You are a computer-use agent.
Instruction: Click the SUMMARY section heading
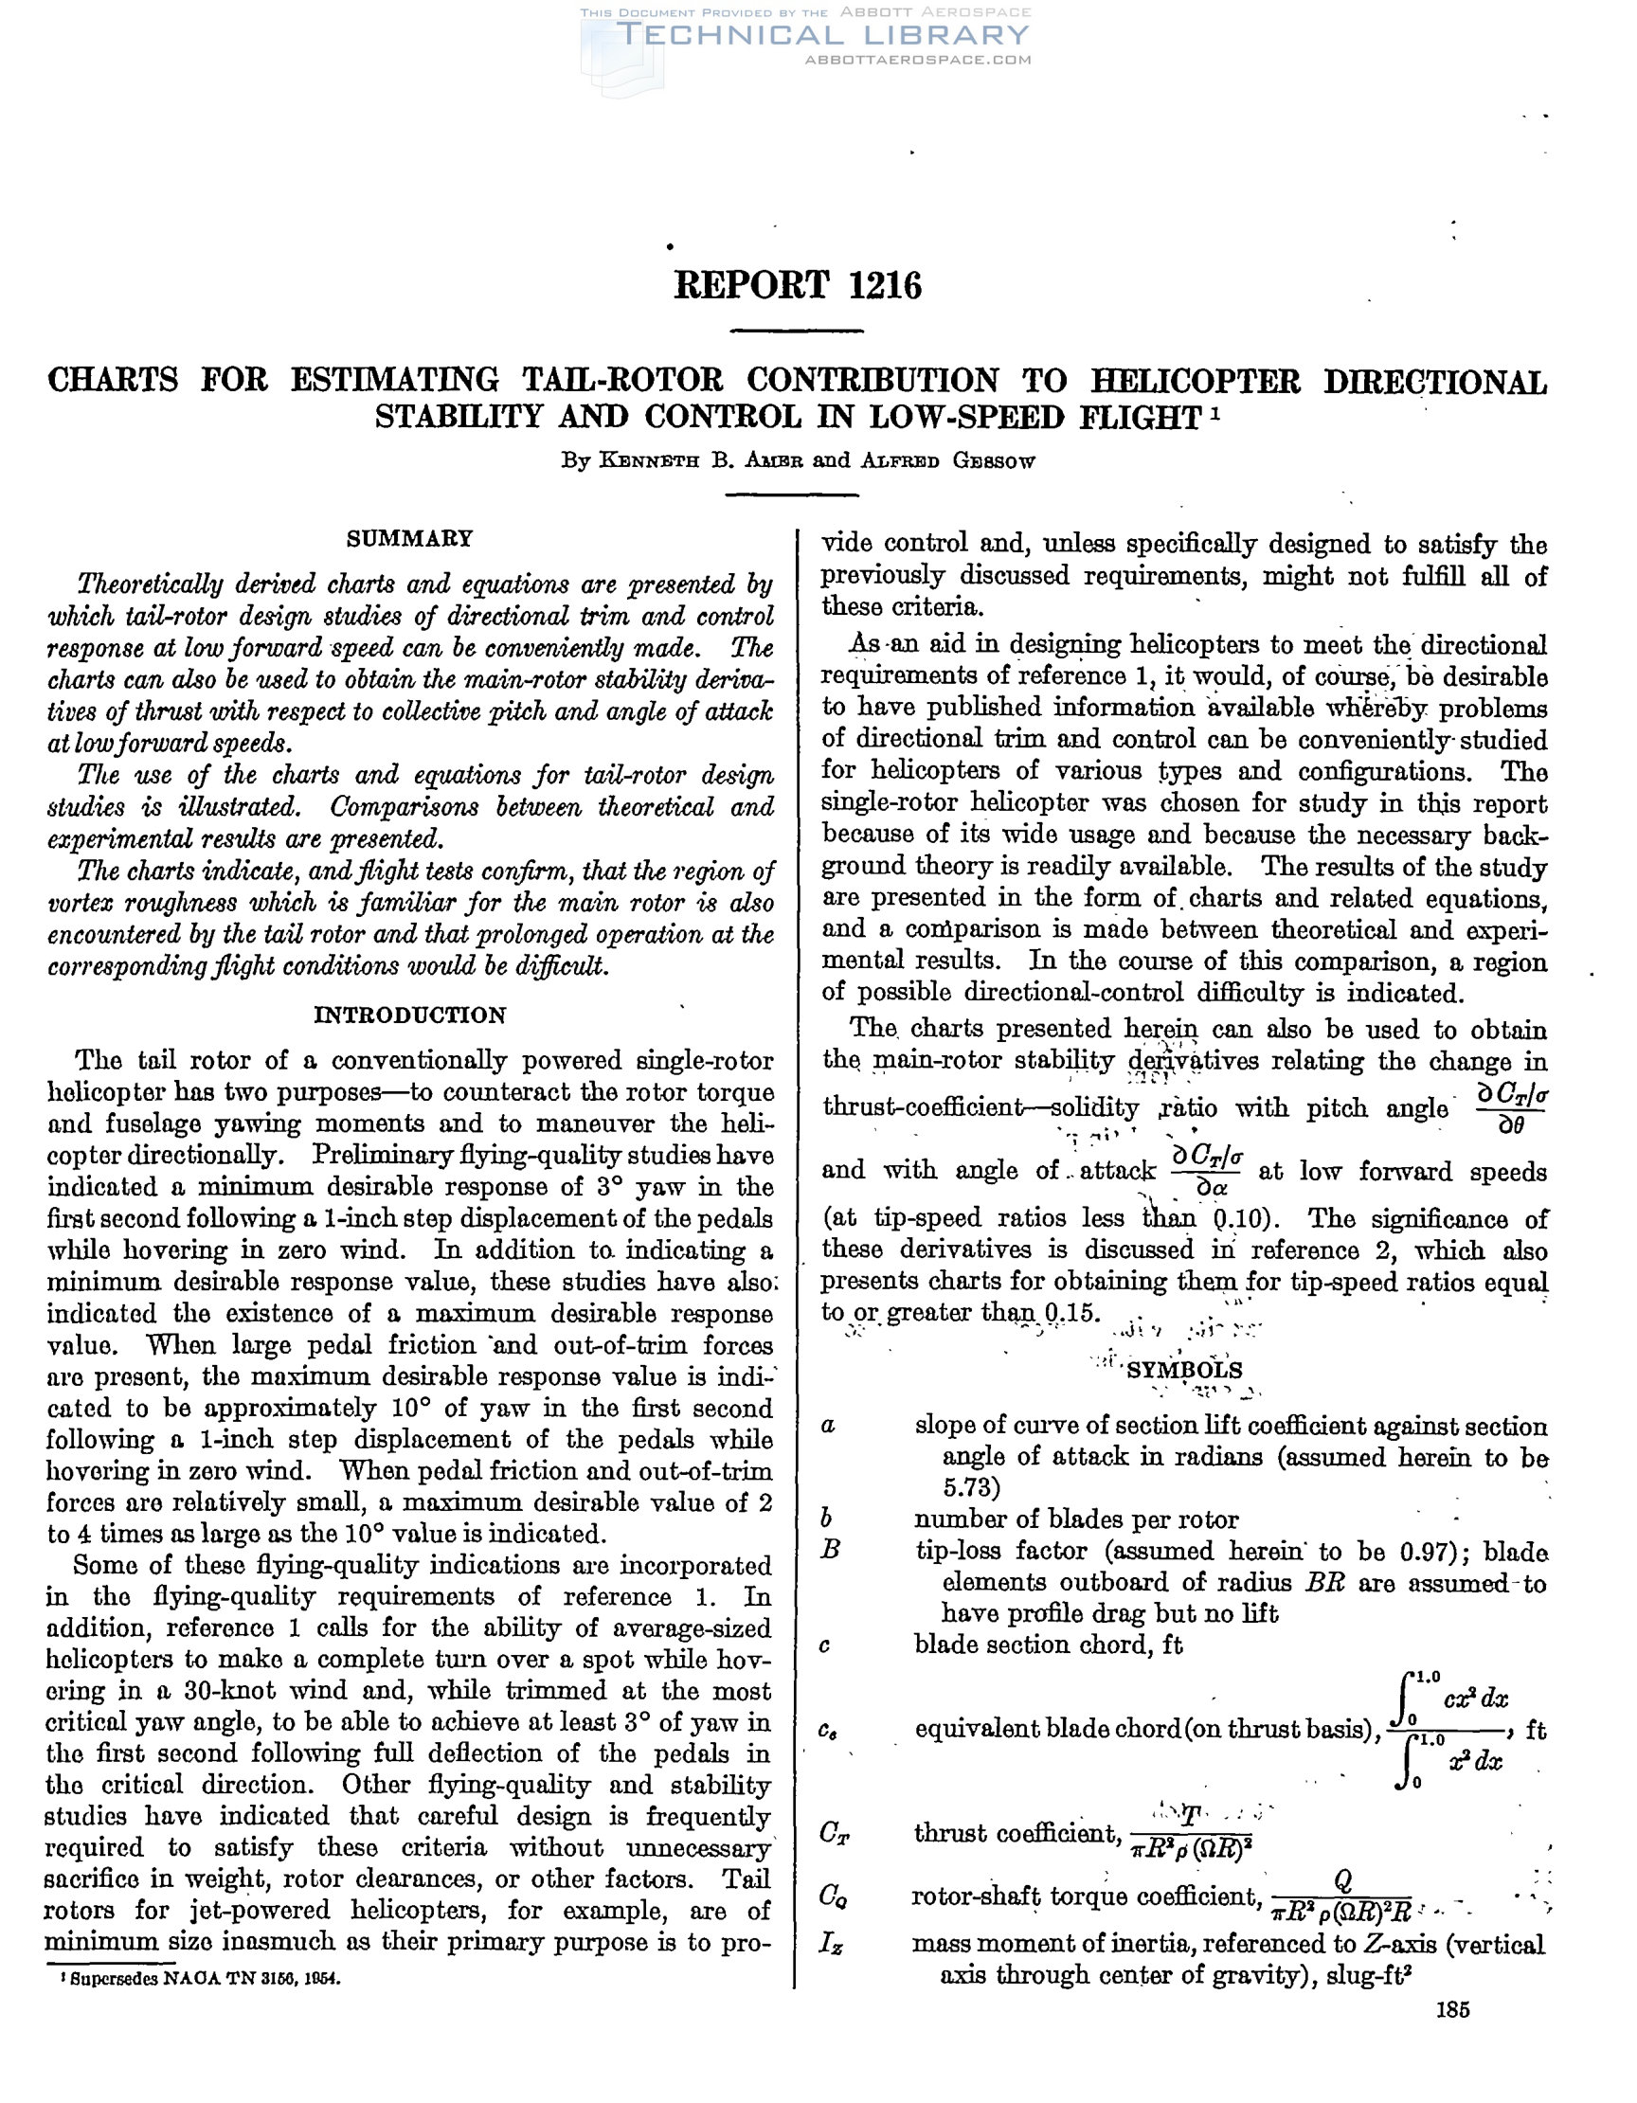pyautogui.click(x=409, y=538)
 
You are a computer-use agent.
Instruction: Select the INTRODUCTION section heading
pyautogui.click(x=409, y=1015)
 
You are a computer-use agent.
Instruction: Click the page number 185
pyautogui.click(x=1452, y=2036)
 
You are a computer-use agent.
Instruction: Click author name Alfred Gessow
pyautogui.click(x=947, y=460)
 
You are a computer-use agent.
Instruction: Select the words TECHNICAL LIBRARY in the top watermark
pyautogui.click(x=823, y=36)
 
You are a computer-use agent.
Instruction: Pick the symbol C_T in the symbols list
pyautogui.click(x=834, y=1833)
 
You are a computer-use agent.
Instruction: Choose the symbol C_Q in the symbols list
pyautogui.click(x=834, y=1896)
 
